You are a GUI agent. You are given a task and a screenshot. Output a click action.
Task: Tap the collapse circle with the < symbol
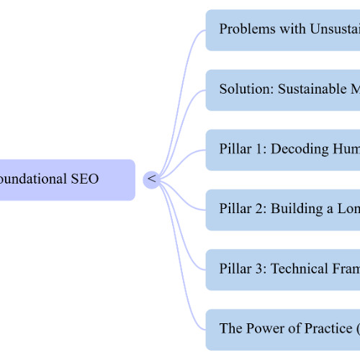coord(151,179)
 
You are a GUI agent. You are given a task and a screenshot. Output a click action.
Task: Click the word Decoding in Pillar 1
coord(302,150)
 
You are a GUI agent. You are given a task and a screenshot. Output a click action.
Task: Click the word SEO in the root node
coord(84,179)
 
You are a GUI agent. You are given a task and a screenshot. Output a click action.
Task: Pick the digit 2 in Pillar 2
coord(259,210)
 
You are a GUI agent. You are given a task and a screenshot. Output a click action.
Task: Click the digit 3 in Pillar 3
coord(259,269)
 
